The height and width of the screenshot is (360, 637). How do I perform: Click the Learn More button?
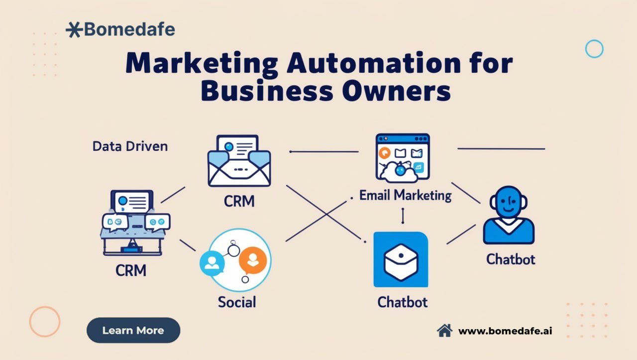click(133, 330)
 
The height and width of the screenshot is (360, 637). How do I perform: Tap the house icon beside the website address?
click(444, 331)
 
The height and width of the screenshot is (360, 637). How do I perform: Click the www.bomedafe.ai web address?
click(505, 331)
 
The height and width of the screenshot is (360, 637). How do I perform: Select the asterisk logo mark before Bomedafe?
click(74, 29)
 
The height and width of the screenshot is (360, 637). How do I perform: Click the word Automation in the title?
click(373, 63)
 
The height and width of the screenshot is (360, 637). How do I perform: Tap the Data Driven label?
click(130, 146)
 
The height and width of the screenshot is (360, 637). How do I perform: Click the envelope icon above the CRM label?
click(239, 161)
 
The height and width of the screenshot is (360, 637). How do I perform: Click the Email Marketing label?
click(405, 196)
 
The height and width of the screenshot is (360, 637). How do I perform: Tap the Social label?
click(237, 302)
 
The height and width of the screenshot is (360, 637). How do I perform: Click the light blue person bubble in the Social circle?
click(212, 263)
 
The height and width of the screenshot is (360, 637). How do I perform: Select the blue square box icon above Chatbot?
click(401, 259)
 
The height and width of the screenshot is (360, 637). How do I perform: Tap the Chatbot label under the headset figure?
click(511, 259)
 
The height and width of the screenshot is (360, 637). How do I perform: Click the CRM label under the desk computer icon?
click(131, 270)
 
